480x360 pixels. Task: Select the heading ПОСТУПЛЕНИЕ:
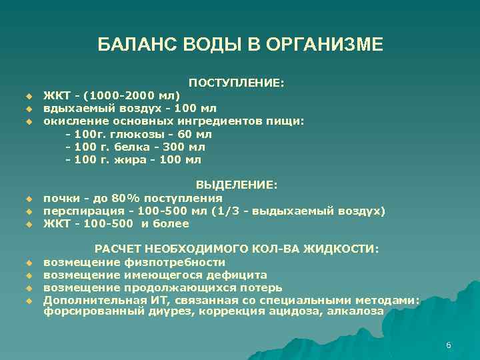click(x=236, y=83)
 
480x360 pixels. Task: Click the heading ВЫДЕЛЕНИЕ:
click(x=236, y=185)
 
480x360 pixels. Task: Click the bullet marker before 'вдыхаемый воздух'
click(x=29, y=109)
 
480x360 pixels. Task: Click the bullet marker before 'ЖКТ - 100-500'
click(x=29, y=224)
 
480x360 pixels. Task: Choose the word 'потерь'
click(x=260, y=287)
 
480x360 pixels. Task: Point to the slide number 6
click(x=449, y=345)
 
